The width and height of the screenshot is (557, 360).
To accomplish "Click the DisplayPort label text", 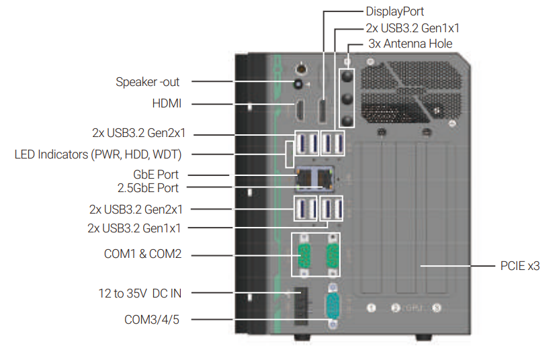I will (x=394, y=11).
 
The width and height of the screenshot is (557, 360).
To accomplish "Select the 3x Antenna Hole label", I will (x=410, y=44).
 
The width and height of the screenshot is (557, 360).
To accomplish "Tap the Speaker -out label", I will (x=148, y=82).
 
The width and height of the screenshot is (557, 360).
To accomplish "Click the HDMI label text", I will (x=167, y=103).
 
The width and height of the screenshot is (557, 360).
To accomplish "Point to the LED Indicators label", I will (x=99, y=154).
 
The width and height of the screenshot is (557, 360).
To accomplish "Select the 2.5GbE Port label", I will (x=148, y=187).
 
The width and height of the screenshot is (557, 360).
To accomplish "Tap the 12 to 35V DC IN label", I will (x=140, y=293).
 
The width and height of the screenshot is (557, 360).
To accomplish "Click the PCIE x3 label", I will (x=520, y=266).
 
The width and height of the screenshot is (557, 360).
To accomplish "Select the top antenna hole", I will (x=347, y=77).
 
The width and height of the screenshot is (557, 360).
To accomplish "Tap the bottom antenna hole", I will (x=347, y=120).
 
